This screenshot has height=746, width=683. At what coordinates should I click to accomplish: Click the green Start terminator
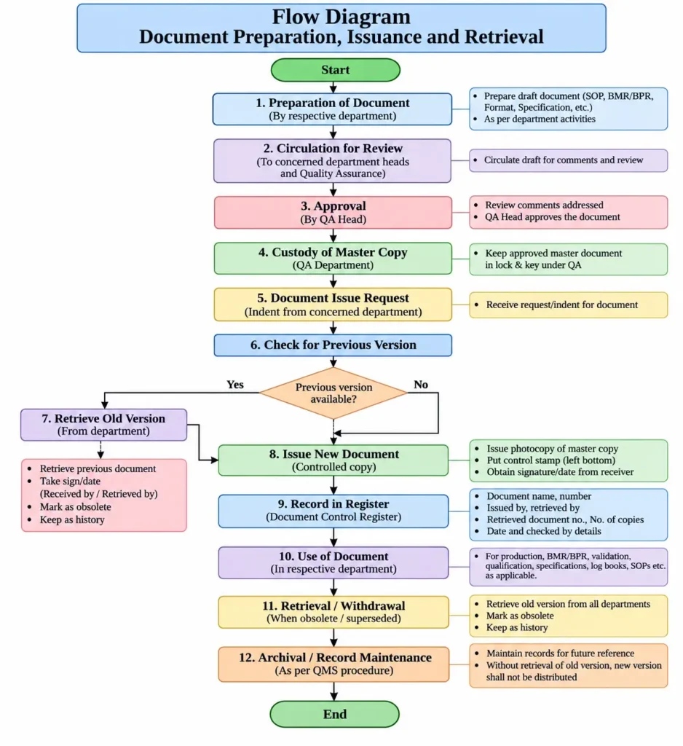(336, 70)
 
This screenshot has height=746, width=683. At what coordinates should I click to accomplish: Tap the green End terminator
(335, 714)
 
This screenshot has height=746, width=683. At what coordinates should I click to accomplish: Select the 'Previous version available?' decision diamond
(333, 393)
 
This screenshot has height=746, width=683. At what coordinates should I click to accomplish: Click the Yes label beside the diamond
(235, 385)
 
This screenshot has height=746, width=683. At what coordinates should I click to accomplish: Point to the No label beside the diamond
(420, 385)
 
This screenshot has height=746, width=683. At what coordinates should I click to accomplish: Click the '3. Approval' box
(333, 213)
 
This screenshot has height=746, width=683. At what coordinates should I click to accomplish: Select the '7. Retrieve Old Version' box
(103, 425)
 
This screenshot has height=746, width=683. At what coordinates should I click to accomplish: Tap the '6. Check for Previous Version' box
(333, 345)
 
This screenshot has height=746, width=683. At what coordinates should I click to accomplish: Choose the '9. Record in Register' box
(333, 511)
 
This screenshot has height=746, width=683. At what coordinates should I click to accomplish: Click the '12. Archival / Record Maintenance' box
(334, 664)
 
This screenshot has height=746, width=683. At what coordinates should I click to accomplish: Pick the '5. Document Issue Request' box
(333, 305)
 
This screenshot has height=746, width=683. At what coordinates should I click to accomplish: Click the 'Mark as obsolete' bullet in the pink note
(75, 507)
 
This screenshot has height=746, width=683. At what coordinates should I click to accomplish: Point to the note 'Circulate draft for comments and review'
(569, 160)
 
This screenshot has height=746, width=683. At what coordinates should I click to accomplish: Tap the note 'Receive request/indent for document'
(569, 305)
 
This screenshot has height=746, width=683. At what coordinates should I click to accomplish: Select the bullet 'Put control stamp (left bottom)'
(550, 460)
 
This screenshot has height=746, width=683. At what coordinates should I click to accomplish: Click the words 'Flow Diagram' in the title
(341, 17)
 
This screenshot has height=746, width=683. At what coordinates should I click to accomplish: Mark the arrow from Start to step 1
(333, 87)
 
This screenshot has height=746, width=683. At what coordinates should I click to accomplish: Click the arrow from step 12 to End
(334, 691)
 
